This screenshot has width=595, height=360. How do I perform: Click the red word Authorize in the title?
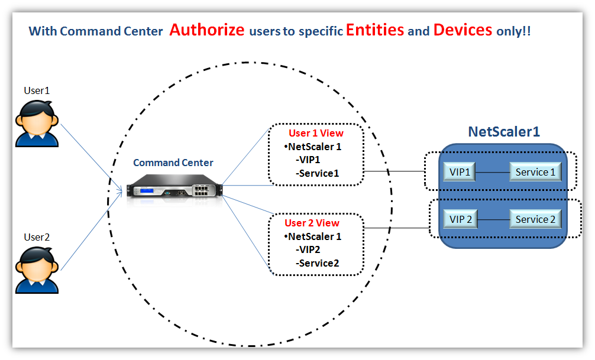(x=206, y=30)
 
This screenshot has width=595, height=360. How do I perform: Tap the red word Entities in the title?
(x=375, y=30)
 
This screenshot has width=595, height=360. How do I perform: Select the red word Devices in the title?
(x=463, y=30)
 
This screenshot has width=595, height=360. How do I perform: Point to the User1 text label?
(x=37, y=90)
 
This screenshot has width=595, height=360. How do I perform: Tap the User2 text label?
(x=37, y=237)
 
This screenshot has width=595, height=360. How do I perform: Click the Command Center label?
(x=173, y=163)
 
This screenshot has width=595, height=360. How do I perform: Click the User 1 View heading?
(x=316, y=134)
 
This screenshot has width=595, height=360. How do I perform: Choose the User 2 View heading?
(x=312, y=223)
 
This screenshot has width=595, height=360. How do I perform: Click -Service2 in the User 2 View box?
(x=317, y=263)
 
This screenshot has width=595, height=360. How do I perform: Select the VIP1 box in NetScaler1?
(x=460, y=172)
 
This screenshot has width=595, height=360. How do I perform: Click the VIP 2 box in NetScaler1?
(x=460, y=219)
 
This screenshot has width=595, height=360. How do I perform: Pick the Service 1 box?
(x=535, y=172)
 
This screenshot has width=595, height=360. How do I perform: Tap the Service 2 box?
(x=535, y=219)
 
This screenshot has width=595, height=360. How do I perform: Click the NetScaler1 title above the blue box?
(x=503, y=131)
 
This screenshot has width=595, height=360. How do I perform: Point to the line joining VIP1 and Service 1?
(x=493, y=172)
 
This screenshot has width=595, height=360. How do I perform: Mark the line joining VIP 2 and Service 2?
(x=493, y=219)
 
